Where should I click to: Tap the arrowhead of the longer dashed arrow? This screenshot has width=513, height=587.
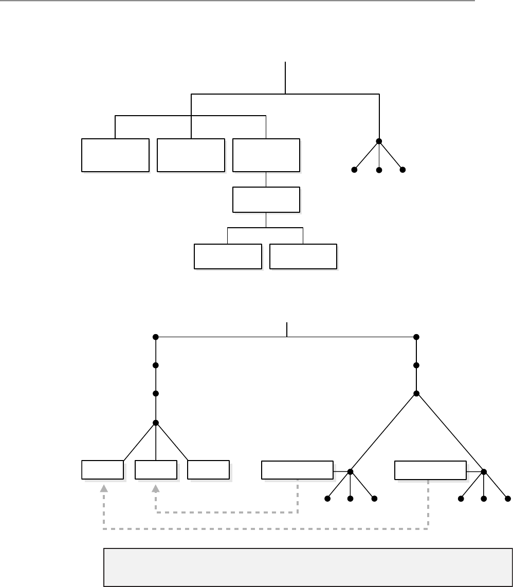[x=104, y=488]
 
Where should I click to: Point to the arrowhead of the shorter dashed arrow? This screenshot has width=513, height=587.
[x=156, y=488]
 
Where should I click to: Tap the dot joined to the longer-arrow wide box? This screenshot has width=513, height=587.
[x=483, y=471]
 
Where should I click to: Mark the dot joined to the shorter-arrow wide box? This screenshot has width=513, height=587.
[x=351, y=471]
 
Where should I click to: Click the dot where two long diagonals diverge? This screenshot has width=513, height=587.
[x=416, y=394]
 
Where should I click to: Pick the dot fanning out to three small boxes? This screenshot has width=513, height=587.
[x=155, y=423]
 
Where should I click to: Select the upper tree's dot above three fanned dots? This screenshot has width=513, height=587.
[x=379, y=141]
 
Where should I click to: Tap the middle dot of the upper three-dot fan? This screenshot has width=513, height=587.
[x=379, y=170]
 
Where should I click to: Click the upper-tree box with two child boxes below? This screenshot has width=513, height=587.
[x=266, y=200]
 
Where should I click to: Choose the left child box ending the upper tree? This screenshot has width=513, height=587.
[x=228, y=256]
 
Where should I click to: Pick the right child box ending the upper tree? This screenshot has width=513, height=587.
[x=303, y=256]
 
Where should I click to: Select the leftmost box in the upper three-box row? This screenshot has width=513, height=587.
[x=115, y=155]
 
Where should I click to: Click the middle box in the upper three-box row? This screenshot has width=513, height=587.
[x=191, y=155]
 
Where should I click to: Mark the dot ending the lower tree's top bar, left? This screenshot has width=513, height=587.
[x=155, y=337]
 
